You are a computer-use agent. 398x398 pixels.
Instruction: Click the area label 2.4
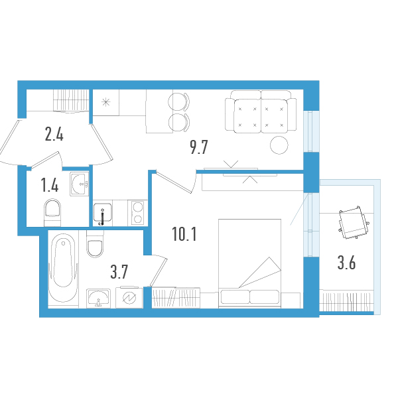(54, 135)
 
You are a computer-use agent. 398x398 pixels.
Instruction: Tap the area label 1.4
(50, 185)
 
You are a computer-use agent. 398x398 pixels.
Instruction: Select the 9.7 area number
(199, 147)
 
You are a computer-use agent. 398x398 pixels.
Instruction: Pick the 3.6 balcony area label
(346, 263)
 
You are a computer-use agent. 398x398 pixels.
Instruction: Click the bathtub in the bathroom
(64, 269)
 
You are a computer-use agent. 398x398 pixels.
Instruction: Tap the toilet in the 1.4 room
(52, 213)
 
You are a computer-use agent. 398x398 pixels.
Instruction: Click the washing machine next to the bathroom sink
(129, 298)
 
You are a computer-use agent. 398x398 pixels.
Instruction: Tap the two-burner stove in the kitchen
(137, 213)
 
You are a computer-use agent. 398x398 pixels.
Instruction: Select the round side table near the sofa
(279, 145)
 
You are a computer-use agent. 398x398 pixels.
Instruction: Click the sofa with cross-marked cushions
(259, 112)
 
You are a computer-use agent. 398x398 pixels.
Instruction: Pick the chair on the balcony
(352, 224)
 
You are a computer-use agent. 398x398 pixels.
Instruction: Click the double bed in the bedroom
(251, 263)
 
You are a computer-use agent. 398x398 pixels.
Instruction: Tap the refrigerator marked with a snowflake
(105, 103)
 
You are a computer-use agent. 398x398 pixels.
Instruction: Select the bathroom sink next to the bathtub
(99, 298)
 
